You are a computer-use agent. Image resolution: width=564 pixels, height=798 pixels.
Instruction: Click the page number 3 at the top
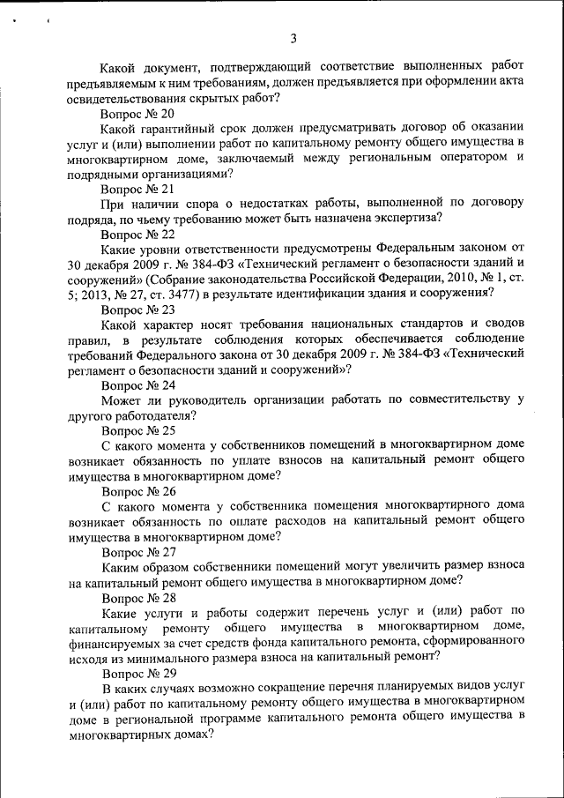(293, 37)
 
